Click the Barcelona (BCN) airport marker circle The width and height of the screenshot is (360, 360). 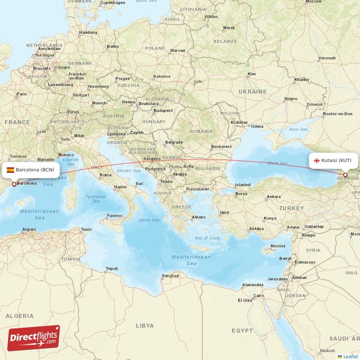click(x=14, y=184)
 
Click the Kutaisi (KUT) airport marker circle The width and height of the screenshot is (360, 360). click(x=345, y=175)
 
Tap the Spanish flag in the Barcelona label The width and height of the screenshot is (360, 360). click(x=10, y=170)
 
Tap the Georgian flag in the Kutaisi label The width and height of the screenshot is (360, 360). click(x=317, y=160)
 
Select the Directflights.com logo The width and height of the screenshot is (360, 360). click(x=33, y=337)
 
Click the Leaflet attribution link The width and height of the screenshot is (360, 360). click(x=350, y=356)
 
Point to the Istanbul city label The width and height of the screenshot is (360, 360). click(x=242, y=184)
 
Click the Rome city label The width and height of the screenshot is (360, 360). click(x=106, y=175)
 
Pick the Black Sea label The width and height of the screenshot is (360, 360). click(x=276, y=163)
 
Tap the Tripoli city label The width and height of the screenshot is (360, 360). click(x=111, y=269)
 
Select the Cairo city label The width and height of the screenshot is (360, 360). click(x=258, y=296)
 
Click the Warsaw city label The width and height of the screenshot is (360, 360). click(x=178, y=50)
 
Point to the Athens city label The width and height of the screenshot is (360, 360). click(x=198, y=217)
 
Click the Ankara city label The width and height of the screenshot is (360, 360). click(x=273, y=197)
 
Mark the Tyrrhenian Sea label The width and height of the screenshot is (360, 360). click(x=96, y=198)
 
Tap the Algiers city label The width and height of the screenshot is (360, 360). click(x=29, y=229)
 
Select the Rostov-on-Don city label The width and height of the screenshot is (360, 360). click(x=337, y=114)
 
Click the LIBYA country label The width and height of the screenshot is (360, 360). click(x=144, y=325)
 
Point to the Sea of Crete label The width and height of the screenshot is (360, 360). click(x=207, y=238)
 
